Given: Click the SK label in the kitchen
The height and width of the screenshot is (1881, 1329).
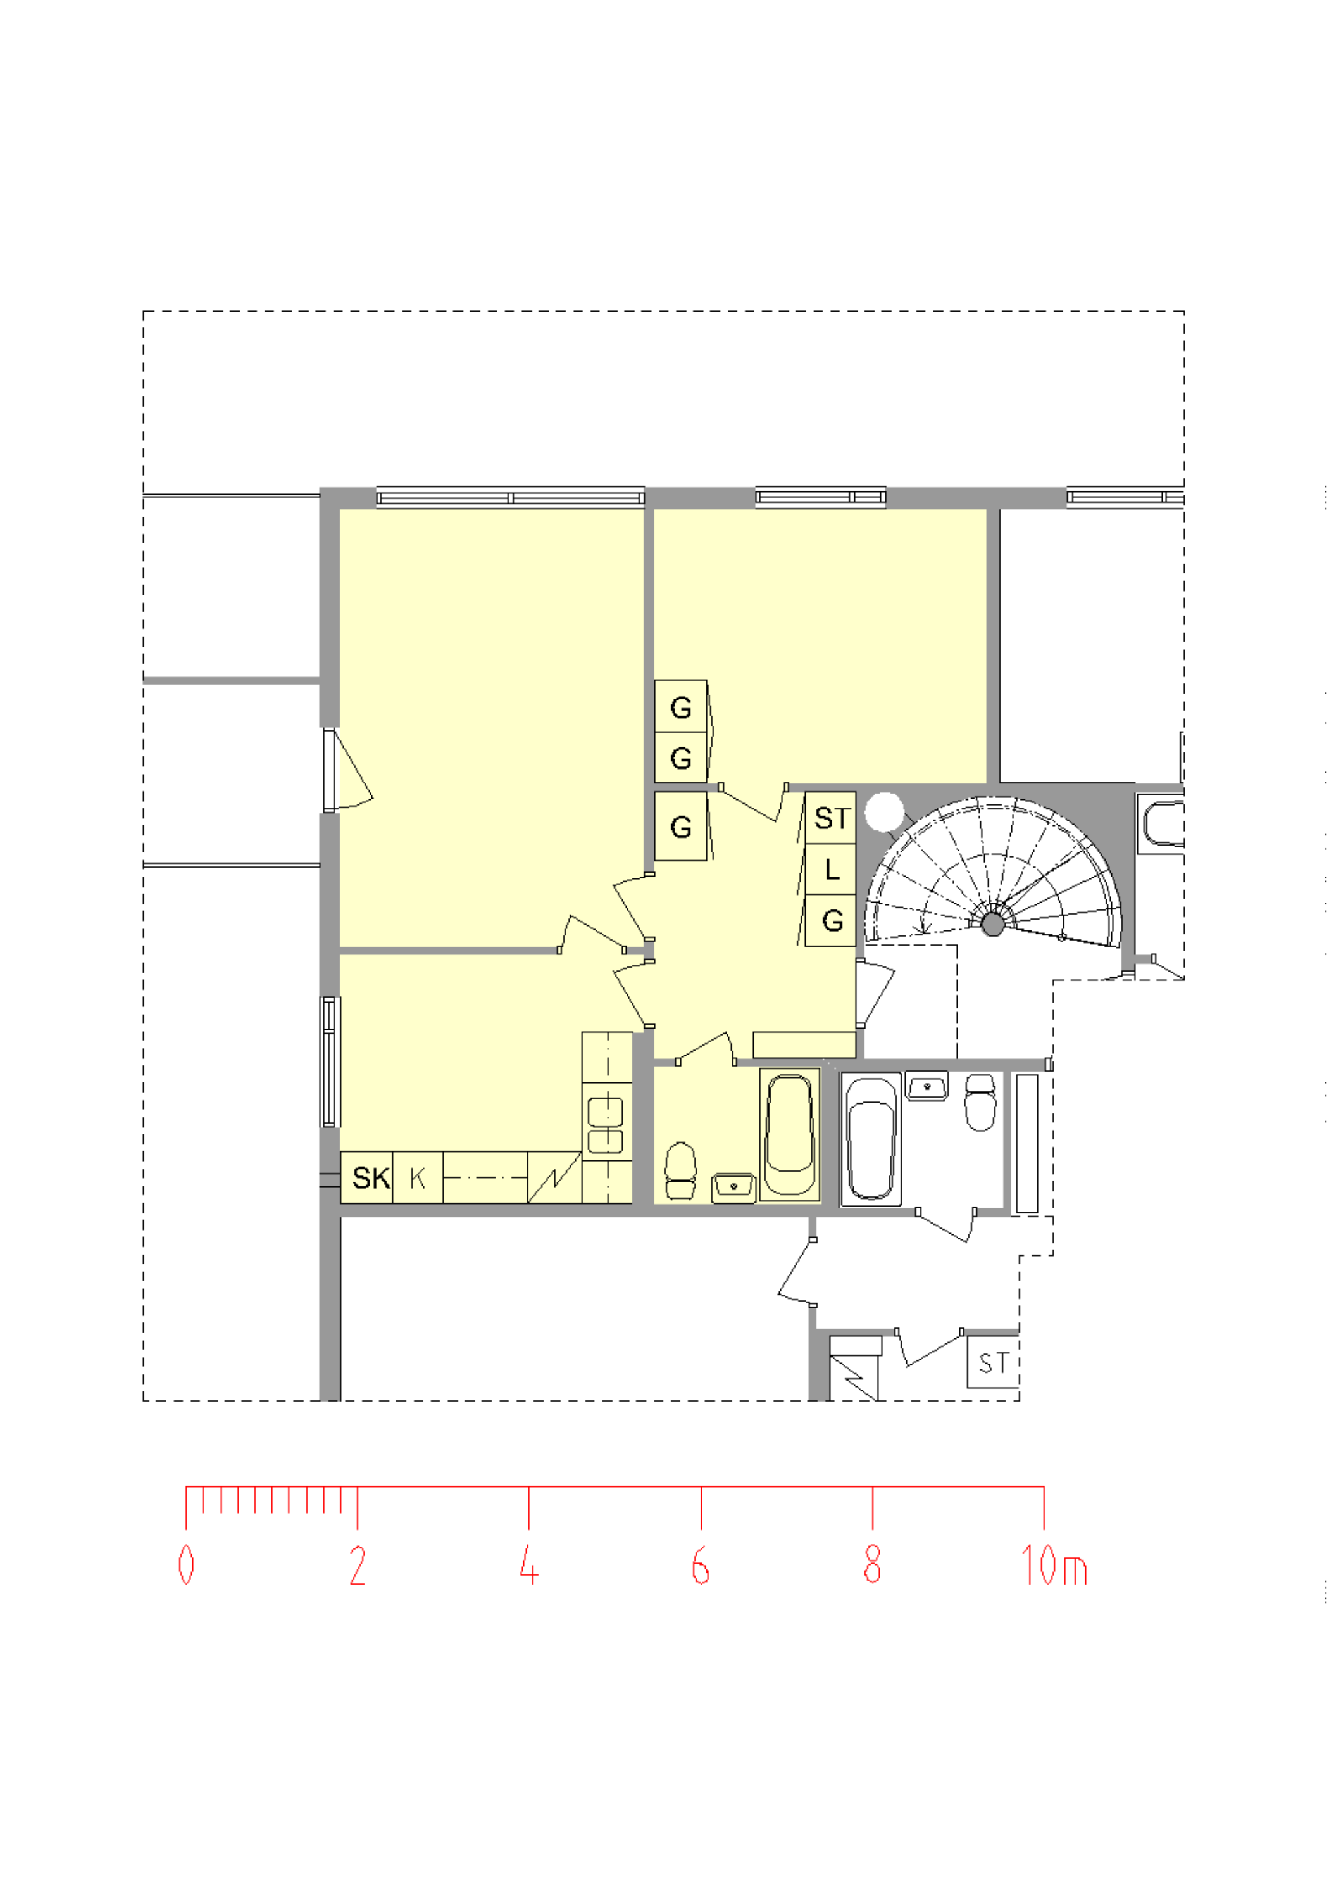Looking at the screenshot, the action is (x=371, y=1178).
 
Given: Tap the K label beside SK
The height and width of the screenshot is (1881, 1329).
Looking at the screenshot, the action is (x=418, y=1179).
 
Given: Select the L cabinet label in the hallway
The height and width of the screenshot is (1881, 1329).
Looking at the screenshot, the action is (x=832, y=869).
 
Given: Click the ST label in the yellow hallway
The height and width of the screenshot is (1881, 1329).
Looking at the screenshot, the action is (x=832, y=818).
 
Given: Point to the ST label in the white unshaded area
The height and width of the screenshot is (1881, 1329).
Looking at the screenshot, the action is (x=994, y=1363).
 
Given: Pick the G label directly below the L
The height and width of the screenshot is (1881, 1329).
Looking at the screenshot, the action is (x=833, y=921).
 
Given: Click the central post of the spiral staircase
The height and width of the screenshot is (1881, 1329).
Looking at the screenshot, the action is (x=994, y=924).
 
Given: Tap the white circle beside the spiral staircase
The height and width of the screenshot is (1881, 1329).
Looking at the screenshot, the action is (x=884, y=812).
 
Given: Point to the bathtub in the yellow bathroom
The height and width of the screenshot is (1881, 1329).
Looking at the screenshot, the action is (x=790, y=1135).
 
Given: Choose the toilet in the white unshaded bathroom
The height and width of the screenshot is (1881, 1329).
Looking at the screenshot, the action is (x=980, y=1103).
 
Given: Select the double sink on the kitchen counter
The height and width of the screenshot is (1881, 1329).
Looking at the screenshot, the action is (x=606, y=1125).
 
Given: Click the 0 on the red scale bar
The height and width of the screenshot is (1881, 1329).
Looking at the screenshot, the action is (x=187, y=1565).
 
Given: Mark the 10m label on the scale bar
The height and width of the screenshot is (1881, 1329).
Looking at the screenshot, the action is (x=1055, y=1565).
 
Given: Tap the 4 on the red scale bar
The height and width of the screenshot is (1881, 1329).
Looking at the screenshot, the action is (x=529, y=1565).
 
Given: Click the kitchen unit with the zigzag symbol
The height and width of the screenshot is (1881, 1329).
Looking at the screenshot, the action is (x=554, y=1178).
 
